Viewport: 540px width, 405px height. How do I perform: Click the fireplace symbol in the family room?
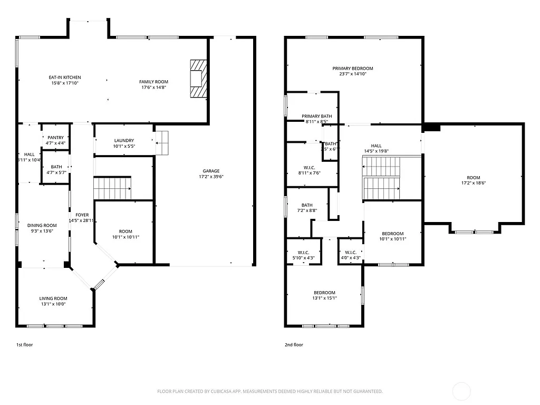pos(198,79)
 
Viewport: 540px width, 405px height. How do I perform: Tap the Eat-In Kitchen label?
pos(65,78)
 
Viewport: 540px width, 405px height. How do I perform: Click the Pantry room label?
pos(55,138)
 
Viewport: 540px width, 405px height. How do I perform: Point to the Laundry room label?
pos(124,141)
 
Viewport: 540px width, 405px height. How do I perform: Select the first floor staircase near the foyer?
pos(112,188)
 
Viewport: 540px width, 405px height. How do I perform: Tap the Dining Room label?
pos(42,225)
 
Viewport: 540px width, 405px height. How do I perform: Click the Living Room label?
pos(53,298)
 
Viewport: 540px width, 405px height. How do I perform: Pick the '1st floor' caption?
pos(25,345)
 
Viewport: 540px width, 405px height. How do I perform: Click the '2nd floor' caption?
pos(294,345)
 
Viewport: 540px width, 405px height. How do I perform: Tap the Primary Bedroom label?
pos(353,69)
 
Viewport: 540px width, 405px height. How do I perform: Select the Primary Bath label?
pos(316,116)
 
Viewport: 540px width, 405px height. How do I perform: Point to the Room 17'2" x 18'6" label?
pos(473,178)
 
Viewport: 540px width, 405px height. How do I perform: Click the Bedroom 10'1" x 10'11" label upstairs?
pos(392,234)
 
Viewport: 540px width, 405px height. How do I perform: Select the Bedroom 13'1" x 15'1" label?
pos(324,293)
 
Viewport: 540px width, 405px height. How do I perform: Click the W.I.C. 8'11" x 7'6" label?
pos(308,168)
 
